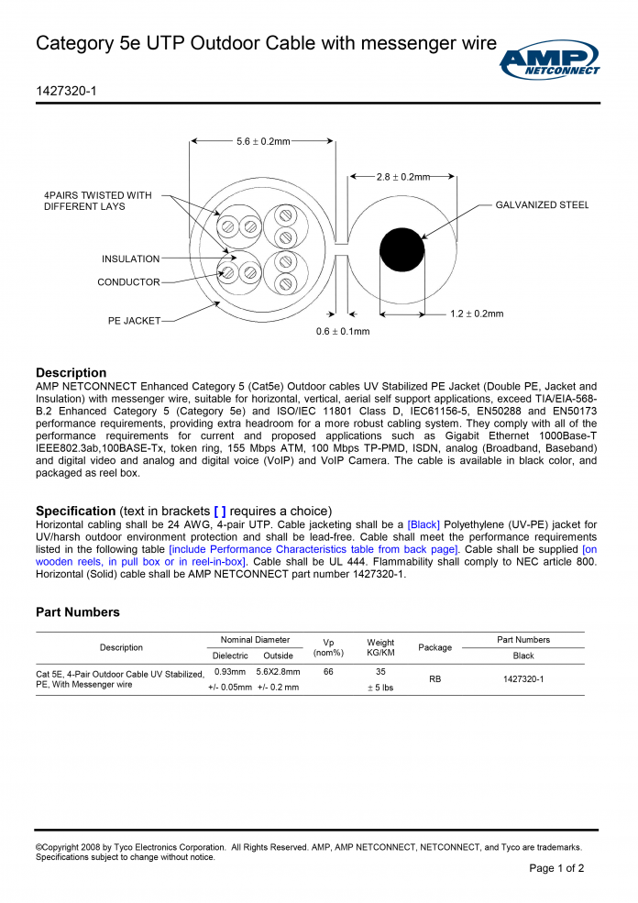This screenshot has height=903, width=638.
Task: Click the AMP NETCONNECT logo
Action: [550, 61]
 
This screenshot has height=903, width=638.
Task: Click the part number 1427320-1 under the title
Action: [66, 92]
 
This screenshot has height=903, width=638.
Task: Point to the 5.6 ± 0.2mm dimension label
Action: [263, 141]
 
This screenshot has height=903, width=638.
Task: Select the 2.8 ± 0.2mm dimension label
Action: [402, 176]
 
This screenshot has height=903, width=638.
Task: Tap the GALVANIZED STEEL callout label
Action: [542, 205]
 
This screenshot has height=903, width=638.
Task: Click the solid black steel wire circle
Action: [402, 248]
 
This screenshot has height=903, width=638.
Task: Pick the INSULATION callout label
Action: [130, 259]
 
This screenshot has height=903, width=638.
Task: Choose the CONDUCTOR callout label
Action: [128, 282]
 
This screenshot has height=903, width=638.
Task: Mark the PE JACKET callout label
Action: [134, 321]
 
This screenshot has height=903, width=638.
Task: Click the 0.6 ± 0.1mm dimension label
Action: [343, 332]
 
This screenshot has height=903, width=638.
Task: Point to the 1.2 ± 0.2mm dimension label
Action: [477, 314]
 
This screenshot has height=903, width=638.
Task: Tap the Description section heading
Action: [71, 372]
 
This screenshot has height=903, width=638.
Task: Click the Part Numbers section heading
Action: [77, 611]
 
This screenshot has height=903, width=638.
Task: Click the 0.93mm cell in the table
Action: [229, 672]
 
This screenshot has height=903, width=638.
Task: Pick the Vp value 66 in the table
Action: [328, 672]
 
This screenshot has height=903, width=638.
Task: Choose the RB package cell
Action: [434, 679]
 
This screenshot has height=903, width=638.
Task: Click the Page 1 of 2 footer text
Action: [556, 868]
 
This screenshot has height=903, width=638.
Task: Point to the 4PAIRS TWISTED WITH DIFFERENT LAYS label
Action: [98, 201]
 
